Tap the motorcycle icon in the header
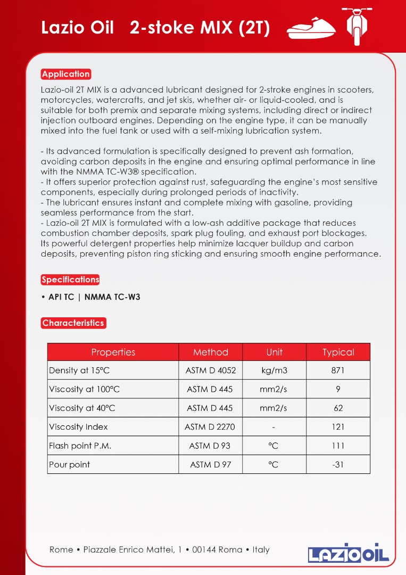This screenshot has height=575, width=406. click(x=356, y=26)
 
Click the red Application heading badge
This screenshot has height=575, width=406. click(x=66, y=74)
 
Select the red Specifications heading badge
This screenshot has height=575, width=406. click(x=70, y=280)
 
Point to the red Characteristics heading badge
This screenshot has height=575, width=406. click(x=73, y=323)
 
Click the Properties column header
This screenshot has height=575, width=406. click(x=113, y=352)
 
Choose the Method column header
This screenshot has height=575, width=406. click(x=210, y=352)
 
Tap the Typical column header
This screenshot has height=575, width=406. click(x=338, y=352)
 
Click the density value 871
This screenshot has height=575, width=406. click(x=338, y=370)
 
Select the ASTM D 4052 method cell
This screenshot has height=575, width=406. click(x=210, y=370)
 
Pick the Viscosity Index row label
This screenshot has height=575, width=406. click(x=78, y=426)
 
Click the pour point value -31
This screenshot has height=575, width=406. click(x=338, y=464)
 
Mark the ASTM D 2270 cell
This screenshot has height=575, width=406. click(x=210, y=426)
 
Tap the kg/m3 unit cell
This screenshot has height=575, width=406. click(x=274, y=370)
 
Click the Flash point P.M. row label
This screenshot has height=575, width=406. click(x=80, y=446)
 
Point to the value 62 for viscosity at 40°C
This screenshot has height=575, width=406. click(x=338, y=408)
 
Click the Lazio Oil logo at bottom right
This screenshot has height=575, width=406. click(x=349, y=553)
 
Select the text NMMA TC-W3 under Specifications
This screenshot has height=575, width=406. click(x=112, y=297)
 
